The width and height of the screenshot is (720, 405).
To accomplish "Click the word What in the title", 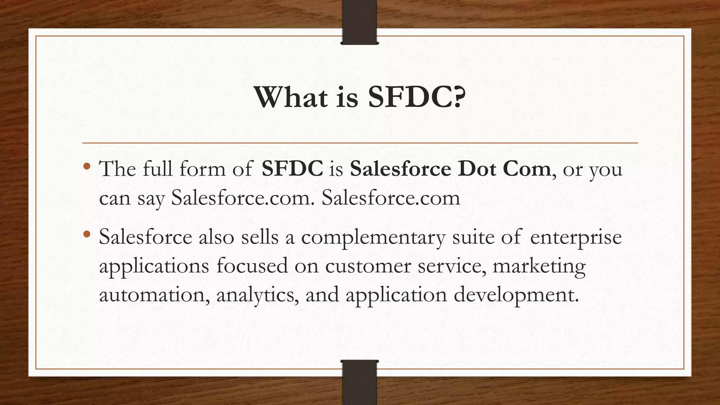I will point(291,97).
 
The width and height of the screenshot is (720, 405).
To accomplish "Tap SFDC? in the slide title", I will point(417,97).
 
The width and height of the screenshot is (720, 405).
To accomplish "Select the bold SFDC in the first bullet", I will point(292,169).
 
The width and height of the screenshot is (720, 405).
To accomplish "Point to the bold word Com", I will point(527,169).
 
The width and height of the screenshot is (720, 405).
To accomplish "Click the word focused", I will point(252,266).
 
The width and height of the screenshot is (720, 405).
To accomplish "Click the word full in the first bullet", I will point(157,169).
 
